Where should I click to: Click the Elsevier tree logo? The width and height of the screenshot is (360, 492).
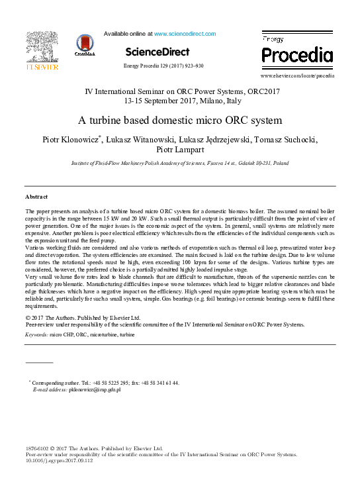(x=42, y=48)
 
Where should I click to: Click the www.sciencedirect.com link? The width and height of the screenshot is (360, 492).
(x=185, y=33)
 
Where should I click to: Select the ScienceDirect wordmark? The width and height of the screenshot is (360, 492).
(x=157, y=52)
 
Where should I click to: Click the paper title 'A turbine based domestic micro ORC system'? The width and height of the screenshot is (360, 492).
(x=180, y=121)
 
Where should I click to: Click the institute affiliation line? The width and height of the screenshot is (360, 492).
(x=180, y=163)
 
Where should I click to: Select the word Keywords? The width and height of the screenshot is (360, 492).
(x=36, y=336)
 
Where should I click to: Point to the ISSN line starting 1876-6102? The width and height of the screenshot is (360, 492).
(x=94, y=448)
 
